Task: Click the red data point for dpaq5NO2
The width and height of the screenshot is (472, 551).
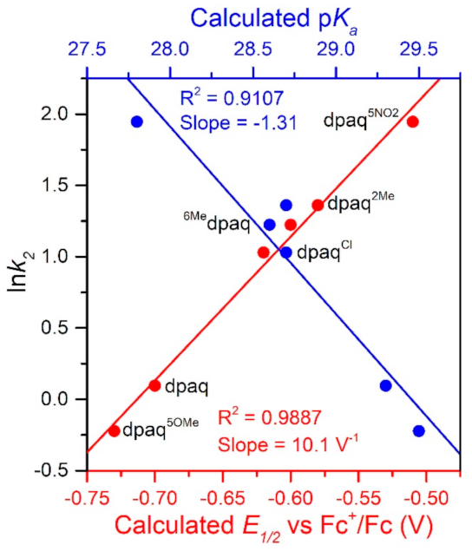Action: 412,121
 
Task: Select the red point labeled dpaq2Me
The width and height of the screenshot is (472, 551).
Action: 318,205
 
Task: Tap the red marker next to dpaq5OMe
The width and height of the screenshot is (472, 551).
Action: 114,430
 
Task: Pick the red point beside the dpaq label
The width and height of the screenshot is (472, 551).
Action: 154,385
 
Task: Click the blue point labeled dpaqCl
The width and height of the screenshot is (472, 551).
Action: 286,253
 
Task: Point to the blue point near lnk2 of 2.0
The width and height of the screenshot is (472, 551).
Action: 136,121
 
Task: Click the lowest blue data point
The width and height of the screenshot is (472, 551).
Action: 419,430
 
